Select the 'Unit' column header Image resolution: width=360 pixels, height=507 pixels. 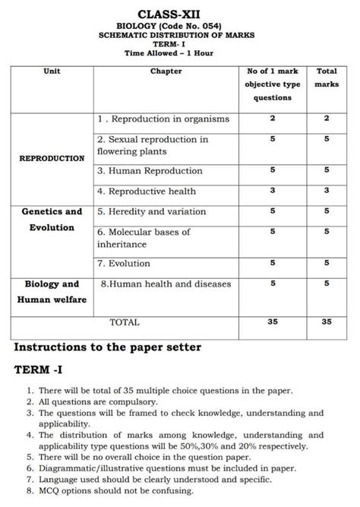[52, 71]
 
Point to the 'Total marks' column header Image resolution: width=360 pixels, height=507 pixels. [327, 78]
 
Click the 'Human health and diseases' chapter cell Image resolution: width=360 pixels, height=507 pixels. [161, 284]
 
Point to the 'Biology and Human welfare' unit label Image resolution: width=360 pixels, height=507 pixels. [52, 291]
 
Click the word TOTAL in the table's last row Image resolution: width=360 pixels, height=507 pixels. [125, 322]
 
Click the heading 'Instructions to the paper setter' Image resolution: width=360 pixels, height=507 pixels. [108, 347]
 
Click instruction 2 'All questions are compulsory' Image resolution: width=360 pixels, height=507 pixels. [99, 401]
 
